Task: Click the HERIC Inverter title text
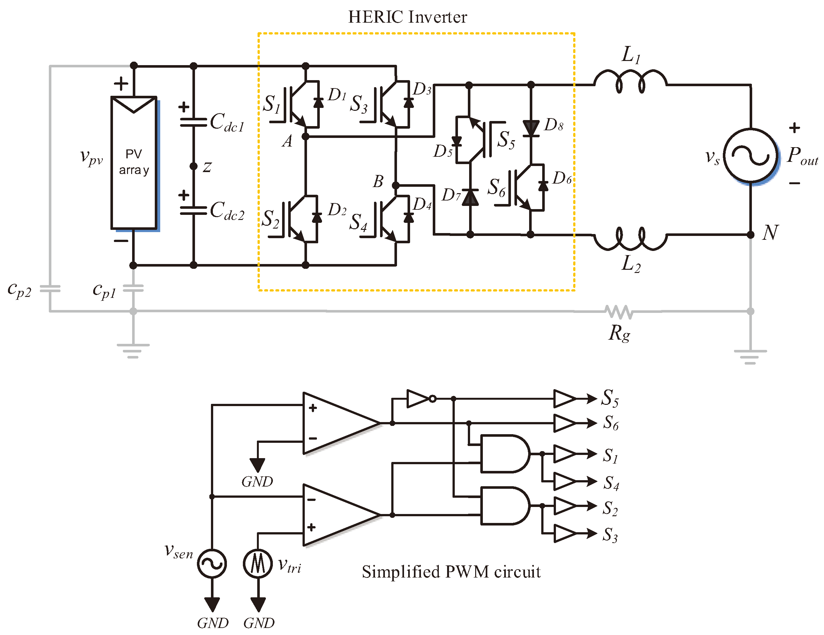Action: pyautogui.click(x=408, y=17)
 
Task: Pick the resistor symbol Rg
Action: pyautogui.click(x=619, y=312)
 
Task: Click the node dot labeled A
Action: pyautogui.click(x=306, y=136)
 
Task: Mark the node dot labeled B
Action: pyautogui.click(x=395, y=185)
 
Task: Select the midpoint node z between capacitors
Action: pyautogui.click(x=193, y=166)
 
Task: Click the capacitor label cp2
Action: pyautogui.click(x=19, y=290)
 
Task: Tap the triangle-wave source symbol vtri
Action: pyautogui.click(x=258, y=564)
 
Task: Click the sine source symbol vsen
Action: pyautogui.click(x=212, y=564)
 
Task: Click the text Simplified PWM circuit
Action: pyautogui.click(x=451, y=571)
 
